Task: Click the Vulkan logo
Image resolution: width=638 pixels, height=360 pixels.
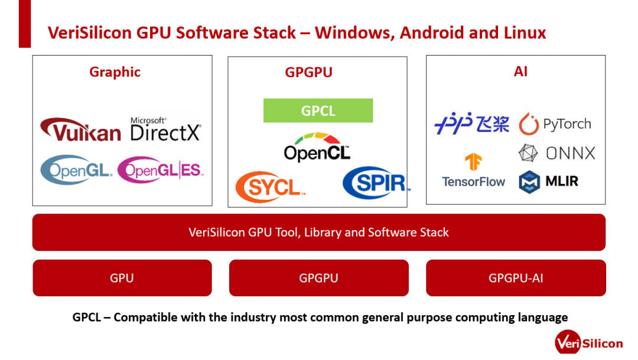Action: pos(80,129)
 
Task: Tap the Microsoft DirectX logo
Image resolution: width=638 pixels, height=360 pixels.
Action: pos(165,128)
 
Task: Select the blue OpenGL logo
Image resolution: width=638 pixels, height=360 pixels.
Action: pos(76,170)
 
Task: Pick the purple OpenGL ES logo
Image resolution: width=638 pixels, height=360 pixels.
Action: pos(160,170)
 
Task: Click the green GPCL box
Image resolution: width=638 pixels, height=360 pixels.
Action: pos(318,111)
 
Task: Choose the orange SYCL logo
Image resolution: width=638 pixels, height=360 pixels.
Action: pos(270,187)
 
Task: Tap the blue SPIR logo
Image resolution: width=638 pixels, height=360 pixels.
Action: pos(375,183)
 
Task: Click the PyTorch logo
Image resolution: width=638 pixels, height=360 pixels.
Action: pos(555,124)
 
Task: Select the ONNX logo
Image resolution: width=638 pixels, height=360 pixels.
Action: pos(556,154)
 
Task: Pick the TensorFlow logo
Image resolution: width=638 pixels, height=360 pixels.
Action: pos(473,171)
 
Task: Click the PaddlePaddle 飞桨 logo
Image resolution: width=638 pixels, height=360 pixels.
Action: pos(471,124)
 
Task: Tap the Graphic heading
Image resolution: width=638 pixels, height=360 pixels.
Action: pos(115,72)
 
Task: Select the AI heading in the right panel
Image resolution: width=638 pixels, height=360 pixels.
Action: pos(520,72)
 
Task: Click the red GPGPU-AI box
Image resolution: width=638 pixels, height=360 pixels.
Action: pos(516,278)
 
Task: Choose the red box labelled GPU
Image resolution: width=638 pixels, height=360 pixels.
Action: pos(122,278)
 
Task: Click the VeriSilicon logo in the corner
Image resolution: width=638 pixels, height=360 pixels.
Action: pos(588,343)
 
